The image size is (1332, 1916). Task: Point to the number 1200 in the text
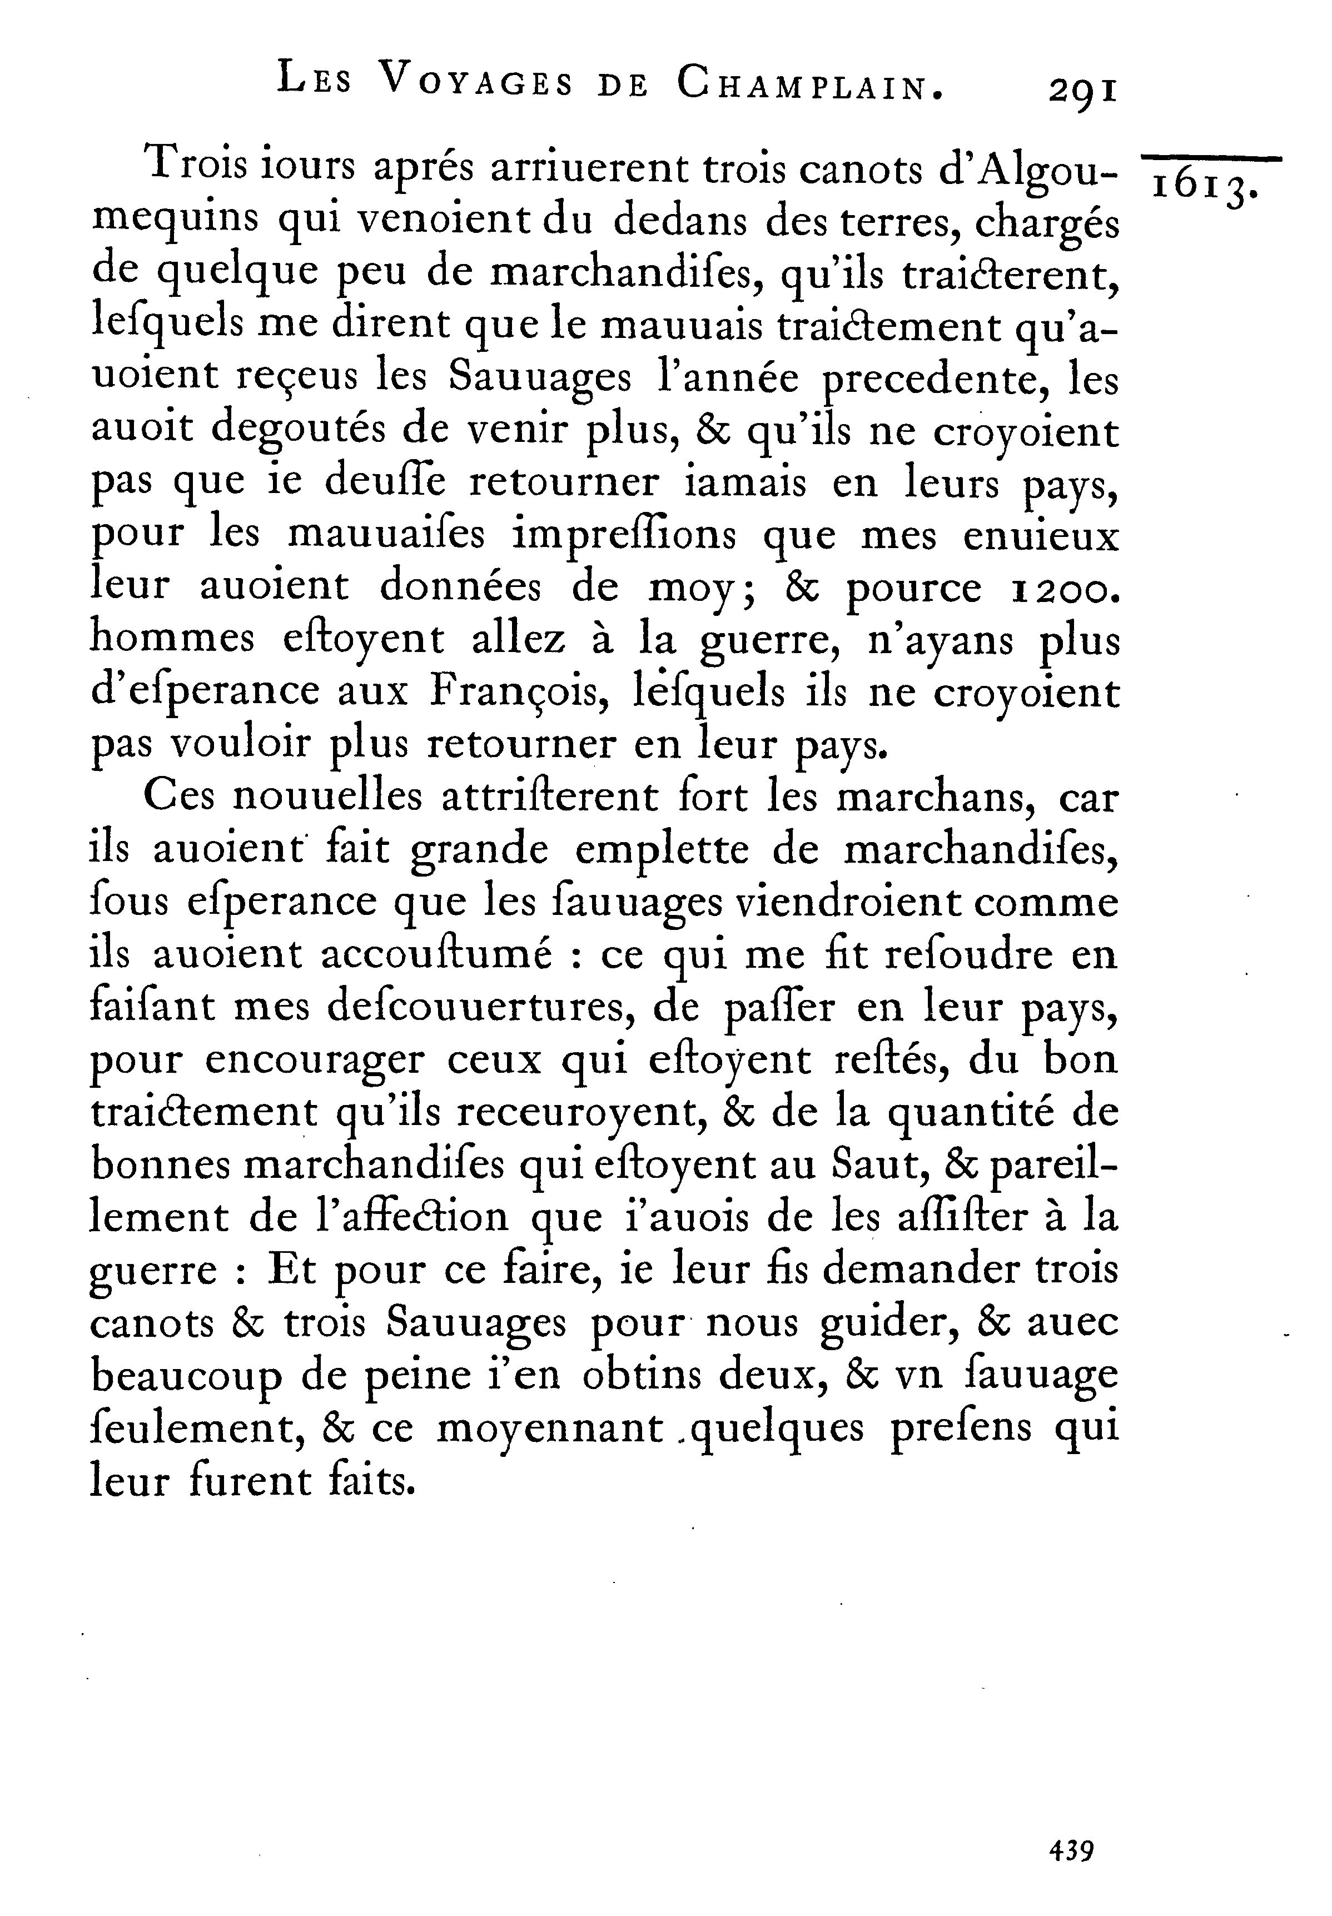(1061, 588)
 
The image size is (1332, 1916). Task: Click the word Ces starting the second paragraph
(180, 797)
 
